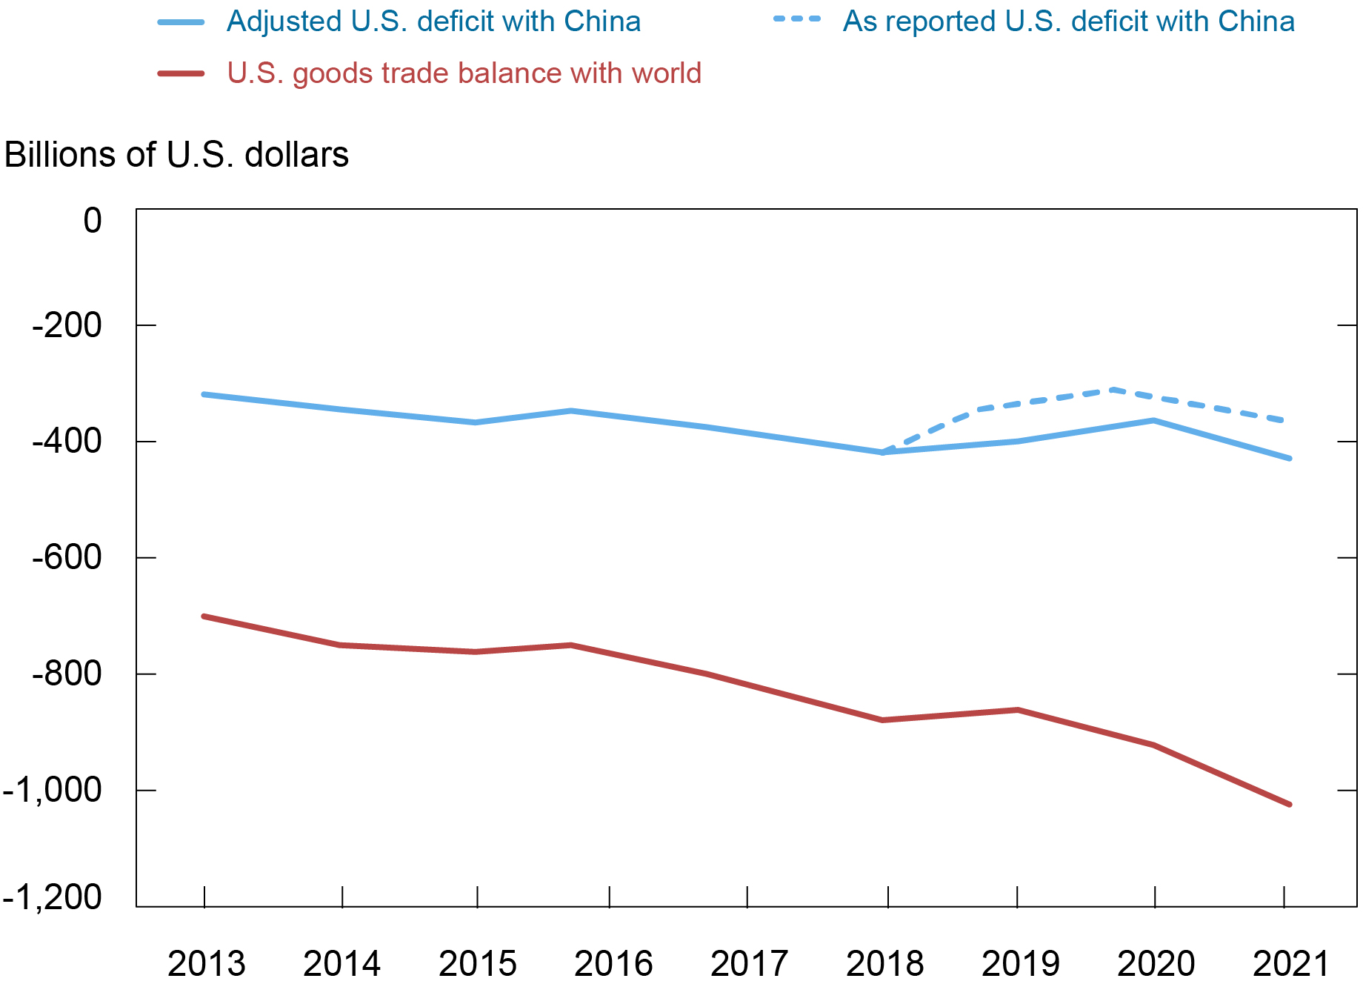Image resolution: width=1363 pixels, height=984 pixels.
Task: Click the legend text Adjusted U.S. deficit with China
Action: (x=433, y=21)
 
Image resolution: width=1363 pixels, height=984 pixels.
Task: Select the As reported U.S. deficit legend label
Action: (x=1068, y=21)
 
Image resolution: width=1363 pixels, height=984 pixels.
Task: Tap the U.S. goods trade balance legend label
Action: (x=464, y=73)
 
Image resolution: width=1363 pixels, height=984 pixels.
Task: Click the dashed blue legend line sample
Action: (x=797, y=19)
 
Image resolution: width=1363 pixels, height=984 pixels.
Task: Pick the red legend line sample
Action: (x=181, y=73)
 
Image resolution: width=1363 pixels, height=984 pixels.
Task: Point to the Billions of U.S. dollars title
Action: (x=176, y=155)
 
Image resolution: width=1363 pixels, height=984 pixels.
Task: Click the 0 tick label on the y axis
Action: (x=93, y=221)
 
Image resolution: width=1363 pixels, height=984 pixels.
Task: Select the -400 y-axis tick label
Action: (x=67, y=441)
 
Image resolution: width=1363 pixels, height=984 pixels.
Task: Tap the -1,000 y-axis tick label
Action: (x=52, y=791)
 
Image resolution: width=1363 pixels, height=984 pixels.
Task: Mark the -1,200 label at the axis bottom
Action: (x=52, y=897)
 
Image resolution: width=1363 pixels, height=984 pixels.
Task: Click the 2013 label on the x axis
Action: (x=206, y=963)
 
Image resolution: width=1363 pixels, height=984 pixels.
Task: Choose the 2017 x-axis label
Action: (x=749, y=963)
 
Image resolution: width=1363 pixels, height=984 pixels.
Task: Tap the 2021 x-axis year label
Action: (x=1291, y=963)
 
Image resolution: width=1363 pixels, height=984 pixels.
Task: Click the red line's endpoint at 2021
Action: (x=1290, y=804)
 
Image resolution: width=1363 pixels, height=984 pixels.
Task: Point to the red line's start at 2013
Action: (x=204, y=616)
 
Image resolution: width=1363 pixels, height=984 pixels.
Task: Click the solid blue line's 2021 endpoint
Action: (x=1290, y=459)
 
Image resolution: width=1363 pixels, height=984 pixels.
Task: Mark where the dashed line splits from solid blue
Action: (x=883, y=452)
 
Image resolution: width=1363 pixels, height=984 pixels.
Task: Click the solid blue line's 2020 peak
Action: (x=1153, y=420)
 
